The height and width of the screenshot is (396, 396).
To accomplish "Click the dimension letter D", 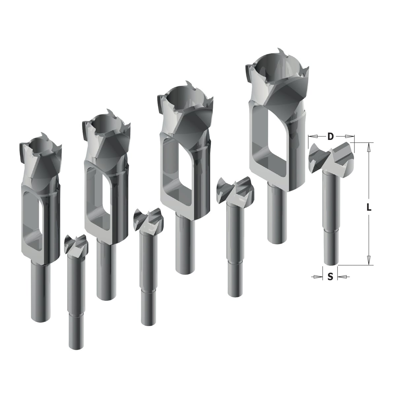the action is coord(330,136).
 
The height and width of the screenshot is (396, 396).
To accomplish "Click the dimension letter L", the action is coord(369,208).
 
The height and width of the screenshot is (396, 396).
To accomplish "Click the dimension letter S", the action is coord(330,277).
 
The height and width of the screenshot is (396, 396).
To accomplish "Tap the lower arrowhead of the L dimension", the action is coord(369,260).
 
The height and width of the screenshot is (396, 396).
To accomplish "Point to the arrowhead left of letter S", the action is coord(318,277).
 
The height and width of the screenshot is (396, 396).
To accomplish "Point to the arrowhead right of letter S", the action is coord(342,277).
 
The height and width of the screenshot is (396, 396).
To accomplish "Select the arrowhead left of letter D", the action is coord(313,136).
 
